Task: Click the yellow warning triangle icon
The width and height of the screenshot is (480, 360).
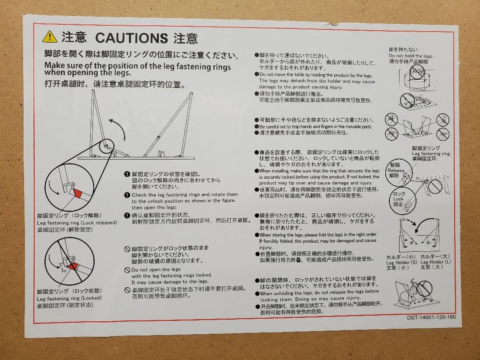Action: point(49,36)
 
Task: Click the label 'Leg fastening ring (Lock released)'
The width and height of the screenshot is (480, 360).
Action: point(77,223)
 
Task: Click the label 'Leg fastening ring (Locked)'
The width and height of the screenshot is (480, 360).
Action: point(69,298)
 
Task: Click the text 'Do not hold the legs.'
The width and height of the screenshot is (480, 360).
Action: point(410,56)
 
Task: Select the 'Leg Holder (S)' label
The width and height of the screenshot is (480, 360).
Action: point(401,262)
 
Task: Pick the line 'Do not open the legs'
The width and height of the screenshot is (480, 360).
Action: point(156,269)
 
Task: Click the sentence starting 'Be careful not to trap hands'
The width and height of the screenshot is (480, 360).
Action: point(316,127)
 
